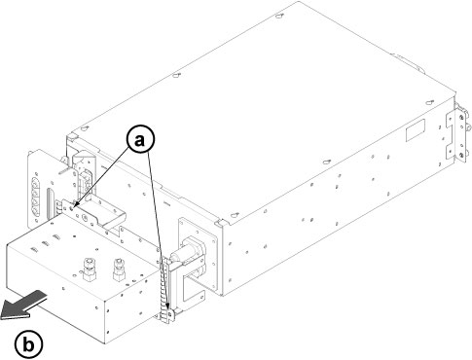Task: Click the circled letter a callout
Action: (140, 139)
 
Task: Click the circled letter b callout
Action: (28, 344)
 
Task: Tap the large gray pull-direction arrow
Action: (23, 306)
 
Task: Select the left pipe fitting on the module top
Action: (89, 269)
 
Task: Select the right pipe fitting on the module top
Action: (119, 269)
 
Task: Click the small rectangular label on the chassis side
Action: (416, 130)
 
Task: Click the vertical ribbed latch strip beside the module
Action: (164, 289)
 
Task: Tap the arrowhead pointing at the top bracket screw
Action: (76, 204)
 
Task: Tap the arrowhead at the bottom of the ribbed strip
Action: (167, 306)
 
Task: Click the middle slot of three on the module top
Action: (46, 243)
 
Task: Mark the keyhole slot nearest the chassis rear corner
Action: (429, 102)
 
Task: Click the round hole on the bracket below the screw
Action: (86, 217)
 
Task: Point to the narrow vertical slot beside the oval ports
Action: (49, 202)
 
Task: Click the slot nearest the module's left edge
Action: (33, 249)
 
